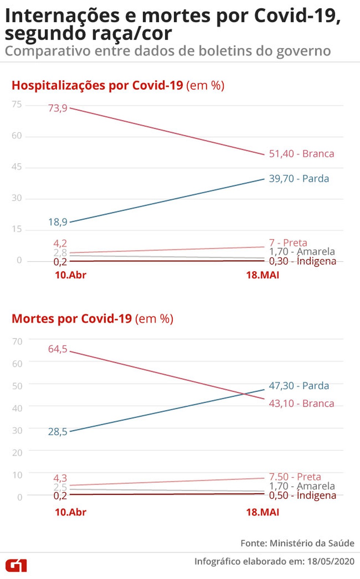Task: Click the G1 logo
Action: click(x=16, y=565)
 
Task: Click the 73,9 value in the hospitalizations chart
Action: click(x=58, y=108)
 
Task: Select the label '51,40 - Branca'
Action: click(x=301, y=154)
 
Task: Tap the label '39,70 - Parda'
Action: click(x=299, y=178)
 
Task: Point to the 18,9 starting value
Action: click(x=58, y=222)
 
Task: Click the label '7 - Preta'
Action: click(x=288, y=242)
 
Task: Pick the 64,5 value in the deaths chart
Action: click(x=58, y=349)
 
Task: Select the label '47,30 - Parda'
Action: click(x=299, y=386)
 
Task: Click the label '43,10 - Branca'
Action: click(x=301, y=403)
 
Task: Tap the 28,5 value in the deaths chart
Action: click(x=58, y=432)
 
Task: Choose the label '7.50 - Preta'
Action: click(x=295, y=477)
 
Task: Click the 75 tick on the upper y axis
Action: click(x=17, y=105)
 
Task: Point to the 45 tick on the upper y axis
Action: click(x=17, y=167)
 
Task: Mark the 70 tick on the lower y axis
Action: click(x=17, y=342)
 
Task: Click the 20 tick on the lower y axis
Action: click(x=17, y=453)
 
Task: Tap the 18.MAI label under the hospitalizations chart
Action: click(x=262, y=275)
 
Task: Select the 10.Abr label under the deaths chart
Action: click(x=71, y=512)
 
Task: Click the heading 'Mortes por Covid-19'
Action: click(x=72, y=319)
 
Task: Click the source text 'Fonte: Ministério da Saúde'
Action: click(x=297, y=543)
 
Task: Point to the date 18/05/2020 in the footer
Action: click(x=331, y=561)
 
